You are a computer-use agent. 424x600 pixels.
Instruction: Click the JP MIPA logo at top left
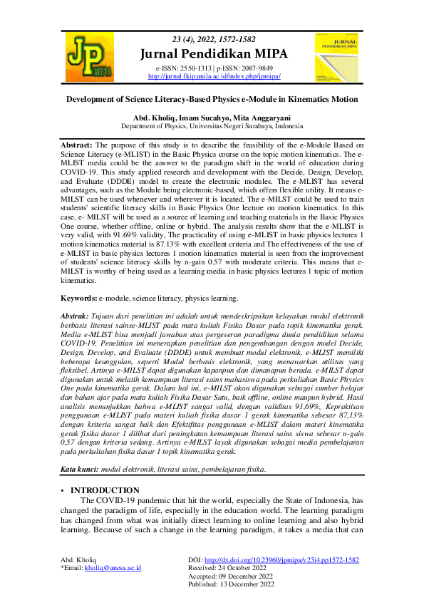click(88, 56)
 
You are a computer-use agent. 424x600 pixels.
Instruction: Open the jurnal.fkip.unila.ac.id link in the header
click(214, 76)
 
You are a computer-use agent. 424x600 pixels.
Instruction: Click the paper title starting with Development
click(212, 100)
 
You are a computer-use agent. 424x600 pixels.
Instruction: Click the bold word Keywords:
click(78, 298)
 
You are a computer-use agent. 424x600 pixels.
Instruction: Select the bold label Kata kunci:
click(80, 470)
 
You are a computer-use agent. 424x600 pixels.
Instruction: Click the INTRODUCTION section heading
click(105, 490)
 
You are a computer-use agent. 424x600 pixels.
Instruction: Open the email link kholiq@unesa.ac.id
click(113, 568)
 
